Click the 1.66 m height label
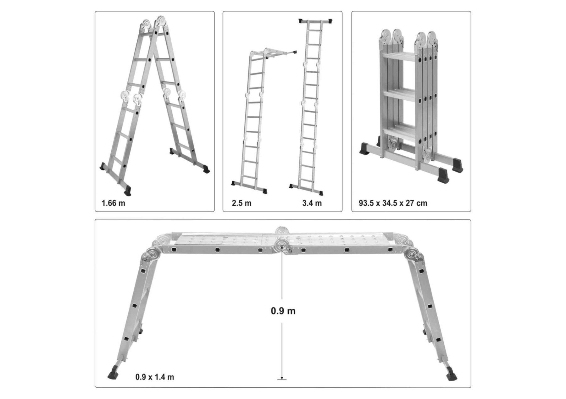[x=113, y=203]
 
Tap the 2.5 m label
[x=241, y=203]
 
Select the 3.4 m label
[x=312, y=203]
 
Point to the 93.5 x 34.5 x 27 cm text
[x=393, y=203]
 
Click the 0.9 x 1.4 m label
[x=155, y=377]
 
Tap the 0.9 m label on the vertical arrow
[x=283, y=311]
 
